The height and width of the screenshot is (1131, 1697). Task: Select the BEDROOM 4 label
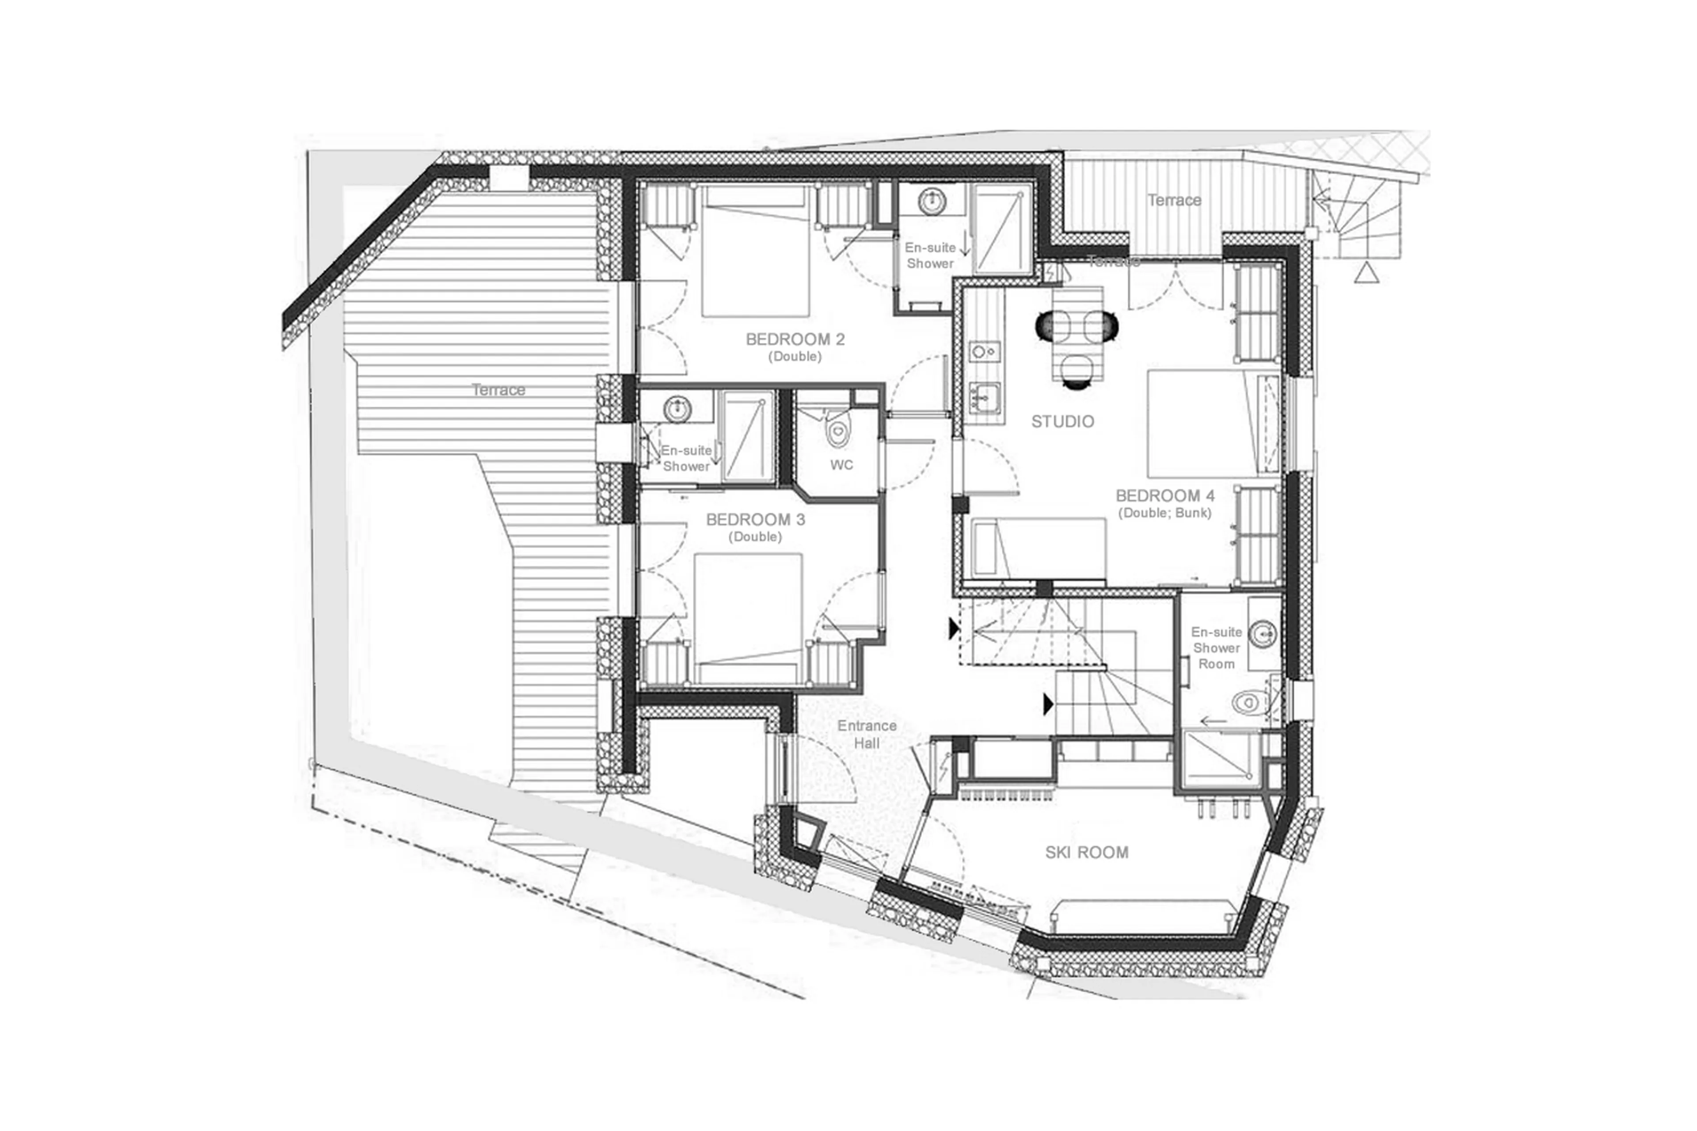tap(1165, 496)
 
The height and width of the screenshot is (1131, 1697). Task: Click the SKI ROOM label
tap(1086, 853)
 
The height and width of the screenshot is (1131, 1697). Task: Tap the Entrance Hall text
tap(867, 734)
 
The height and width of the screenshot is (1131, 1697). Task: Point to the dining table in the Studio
tap(1077, 333)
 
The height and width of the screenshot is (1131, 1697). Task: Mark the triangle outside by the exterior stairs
tap(1367, 274)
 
